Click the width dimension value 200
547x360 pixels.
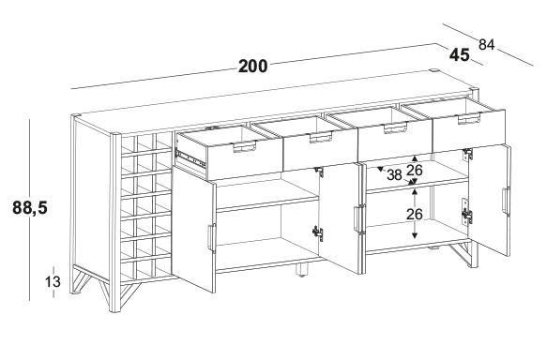253,67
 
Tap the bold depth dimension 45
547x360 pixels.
459,55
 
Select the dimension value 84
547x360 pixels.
486,45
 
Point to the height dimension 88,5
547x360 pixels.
30,208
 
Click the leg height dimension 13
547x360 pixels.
53,281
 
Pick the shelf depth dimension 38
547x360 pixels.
394,175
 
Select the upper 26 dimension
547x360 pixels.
415,170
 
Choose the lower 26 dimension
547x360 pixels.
415,214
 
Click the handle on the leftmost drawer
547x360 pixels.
245,146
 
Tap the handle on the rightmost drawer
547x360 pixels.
469,118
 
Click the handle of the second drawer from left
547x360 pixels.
320,137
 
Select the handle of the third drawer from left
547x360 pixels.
395,127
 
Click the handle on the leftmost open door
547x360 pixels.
212,237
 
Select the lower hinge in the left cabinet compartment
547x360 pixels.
317,233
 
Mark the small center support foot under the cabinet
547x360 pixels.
302,270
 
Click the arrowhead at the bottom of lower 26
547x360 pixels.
415,235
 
